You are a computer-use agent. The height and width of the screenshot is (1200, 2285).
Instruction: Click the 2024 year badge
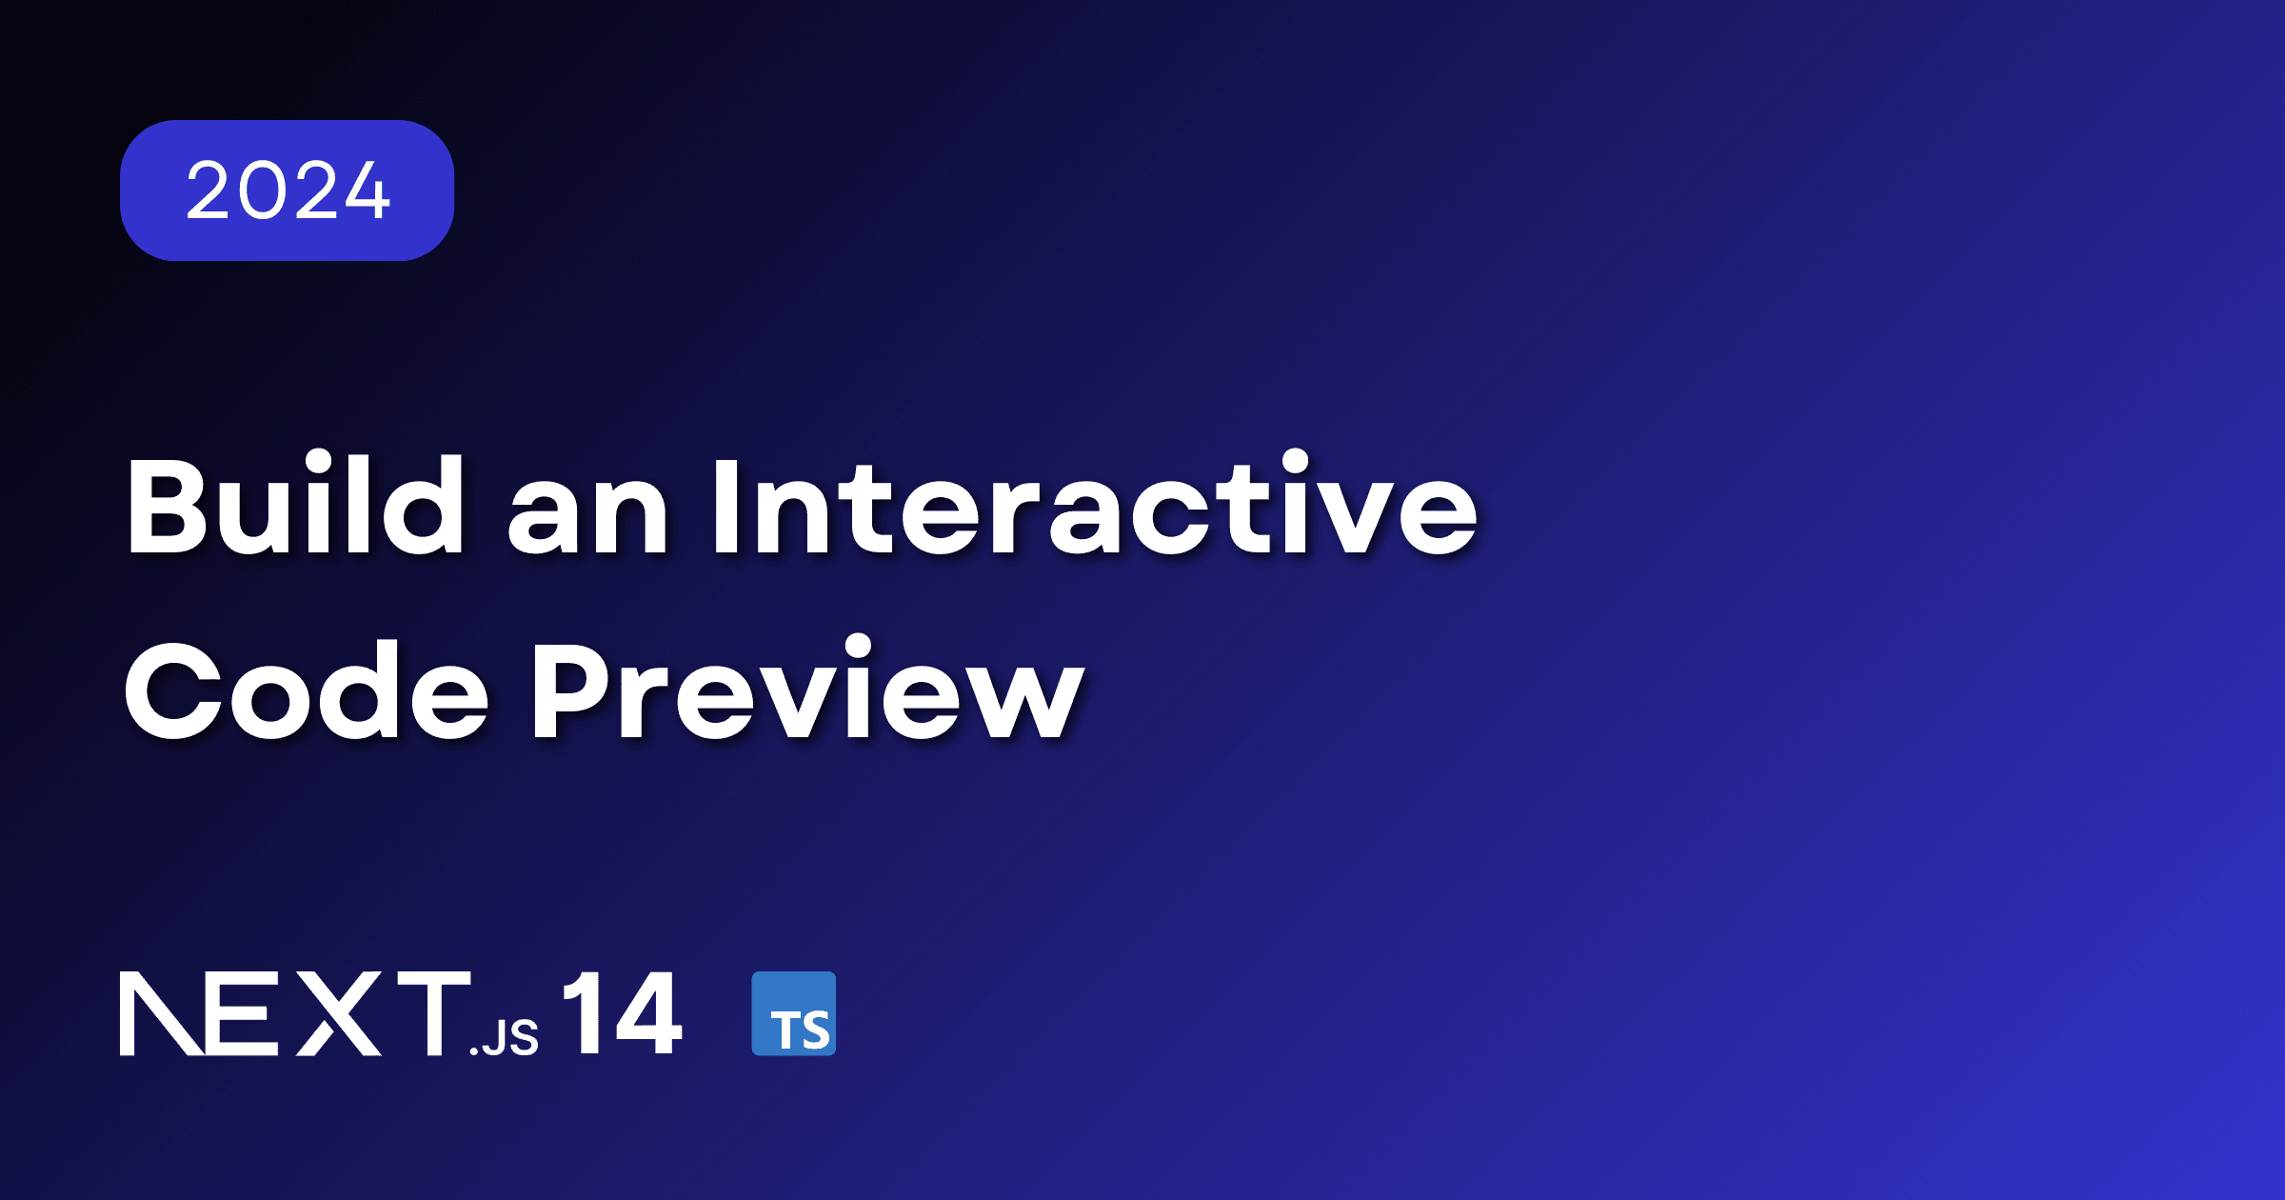287,190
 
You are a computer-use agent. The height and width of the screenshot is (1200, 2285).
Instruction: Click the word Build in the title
295,505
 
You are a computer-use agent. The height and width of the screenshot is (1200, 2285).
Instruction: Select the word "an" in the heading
588,519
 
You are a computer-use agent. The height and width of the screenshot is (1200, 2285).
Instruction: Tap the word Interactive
1095,505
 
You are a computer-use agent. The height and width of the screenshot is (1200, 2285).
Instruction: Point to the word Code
307,690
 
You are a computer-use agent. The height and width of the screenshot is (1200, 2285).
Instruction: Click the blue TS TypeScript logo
794,1013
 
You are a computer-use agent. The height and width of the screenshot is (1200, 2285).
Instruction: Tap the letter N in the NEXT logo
160,1013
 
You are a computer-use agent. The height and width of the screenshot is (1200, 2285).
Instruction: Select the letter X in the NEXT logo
339,1013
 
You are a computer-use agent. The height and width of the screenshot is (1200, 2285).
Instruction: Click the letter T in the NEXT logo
433,1013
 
